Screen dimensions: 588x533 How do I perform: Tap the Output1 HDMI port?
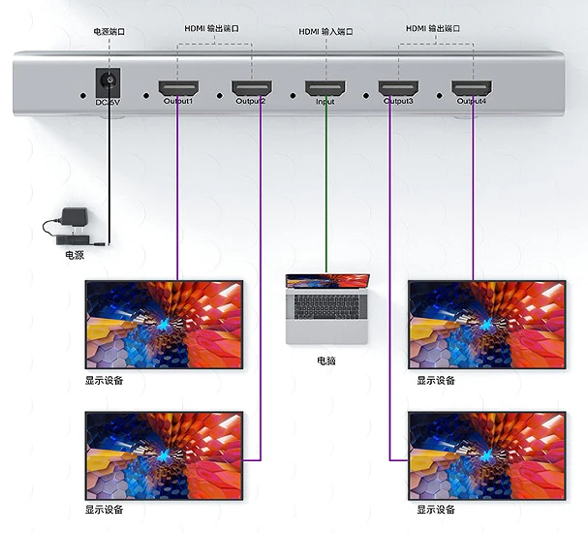(178, 88)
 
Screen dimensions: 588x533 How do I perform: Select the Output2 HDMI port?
(252, 88)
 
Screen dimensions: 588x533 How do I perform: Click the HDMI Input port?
(325, 88)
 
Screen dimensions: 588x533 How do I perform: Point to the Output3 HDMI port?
(398, 88)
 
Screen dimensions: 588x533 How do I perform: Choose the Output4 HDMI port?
(472, 88)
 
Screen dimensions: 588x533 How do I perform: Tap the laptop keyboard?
(326, 307)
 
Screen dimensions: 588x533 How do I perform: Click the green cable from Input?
(325, 186)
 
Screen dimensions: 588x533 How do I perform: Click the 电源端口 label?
(109, 32)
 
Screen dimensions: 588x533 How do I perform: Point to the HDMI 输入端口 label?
(325, 32)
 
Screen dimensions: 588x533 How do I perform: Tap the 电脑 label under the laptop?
(326, 361)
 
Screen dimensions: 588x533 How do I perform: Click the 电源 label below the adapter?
(75, 255)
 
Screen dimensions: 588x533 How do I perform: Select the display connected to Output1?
(165, 325)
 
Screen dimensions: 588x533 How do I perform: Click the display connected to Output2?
(165, 455)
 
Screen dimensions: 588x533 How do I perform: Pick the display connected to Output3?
(487, 455)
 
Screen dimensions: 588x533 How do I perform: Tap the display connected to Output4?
(487, 325)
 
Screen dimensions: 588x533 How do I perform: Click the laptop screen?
(327, 281)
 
